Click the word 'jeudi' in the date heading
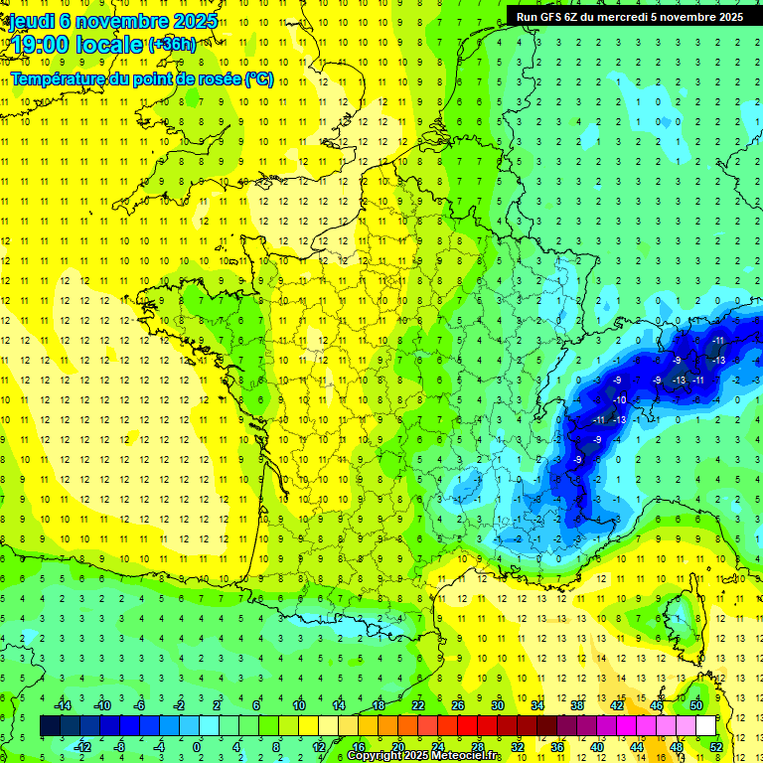click(x=31, y=21)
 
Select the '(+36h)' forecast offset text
click(x=171, y=45)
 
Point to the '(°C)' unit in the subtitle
click(x=258, y=79)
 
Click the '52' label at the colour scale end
click(x=716, y=747)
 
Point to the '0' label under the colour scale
click(x=197, y=747)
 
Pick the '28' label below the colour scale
click(x=477, y=747)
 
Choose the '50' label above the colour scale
click(x=695, y=705)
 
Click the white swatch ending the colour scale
click(x=705, y=726)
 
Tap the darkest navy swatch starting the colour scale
click(x=50, y=726)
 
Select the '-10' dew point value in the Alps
click(x=619, y=399)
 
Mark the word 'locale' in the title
click(x=111, y=45)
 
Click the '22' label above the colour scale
click(x=417, y=705)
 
